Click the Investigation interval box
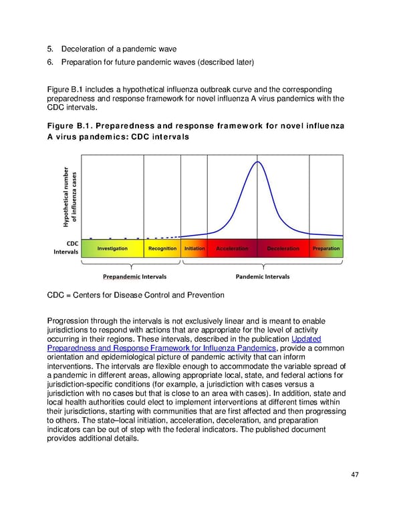(112, 249)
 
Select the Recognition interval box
(162, 249)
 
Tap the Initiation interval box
(194, 249)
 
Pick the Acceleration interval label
(232, 249)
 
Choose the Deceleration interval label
(283, 249)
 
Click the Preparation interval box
(326, 249)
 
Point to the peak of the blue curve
(258, 162)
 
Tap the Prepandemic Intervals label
(134, 276)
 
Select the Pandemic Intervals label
(263, 276)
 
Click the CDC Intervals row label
(66, 248)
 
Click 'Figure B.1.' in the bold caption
(69, 127)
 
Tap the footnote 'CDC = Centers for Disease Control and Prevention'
(136, 295)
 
